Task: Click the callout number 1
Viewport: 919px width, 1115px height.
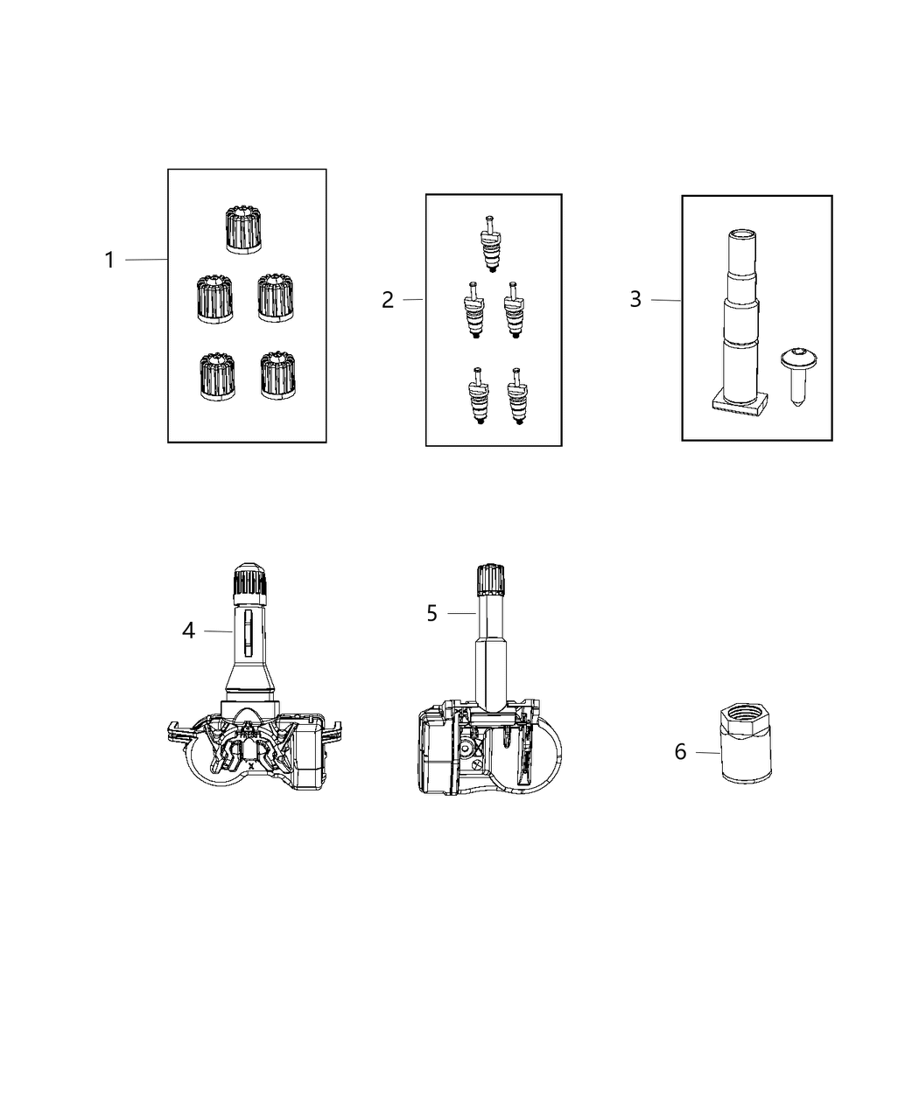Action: pyautogui.click(x=109, y=260)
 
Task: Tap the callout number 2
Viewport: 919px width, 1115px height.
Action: pyautogui.click(x=388, y=300)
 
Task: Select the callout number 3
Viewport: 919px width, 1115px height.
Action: pyautogui.click(x=635, y=299)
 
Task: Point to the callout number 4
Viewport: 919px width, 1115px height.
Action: pyautogui.click(x=188, y=630)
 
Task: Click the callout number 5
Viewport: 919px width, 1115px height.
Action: pyautogui.click(x=431, y=613)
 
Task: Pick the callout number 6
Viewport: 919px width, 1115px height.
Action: pyautogui.click(x=680, y=751)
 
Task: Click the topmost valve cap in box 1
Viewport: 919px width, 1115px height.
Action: pyautogui.click(x=243, y=229)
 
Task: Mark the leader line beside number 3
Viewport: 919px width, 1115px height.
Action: pyautogui.click(x=666, y=300)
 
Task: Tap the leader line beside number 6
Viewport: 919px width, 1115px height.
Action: pyautogui.click(x=707, y=752)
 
